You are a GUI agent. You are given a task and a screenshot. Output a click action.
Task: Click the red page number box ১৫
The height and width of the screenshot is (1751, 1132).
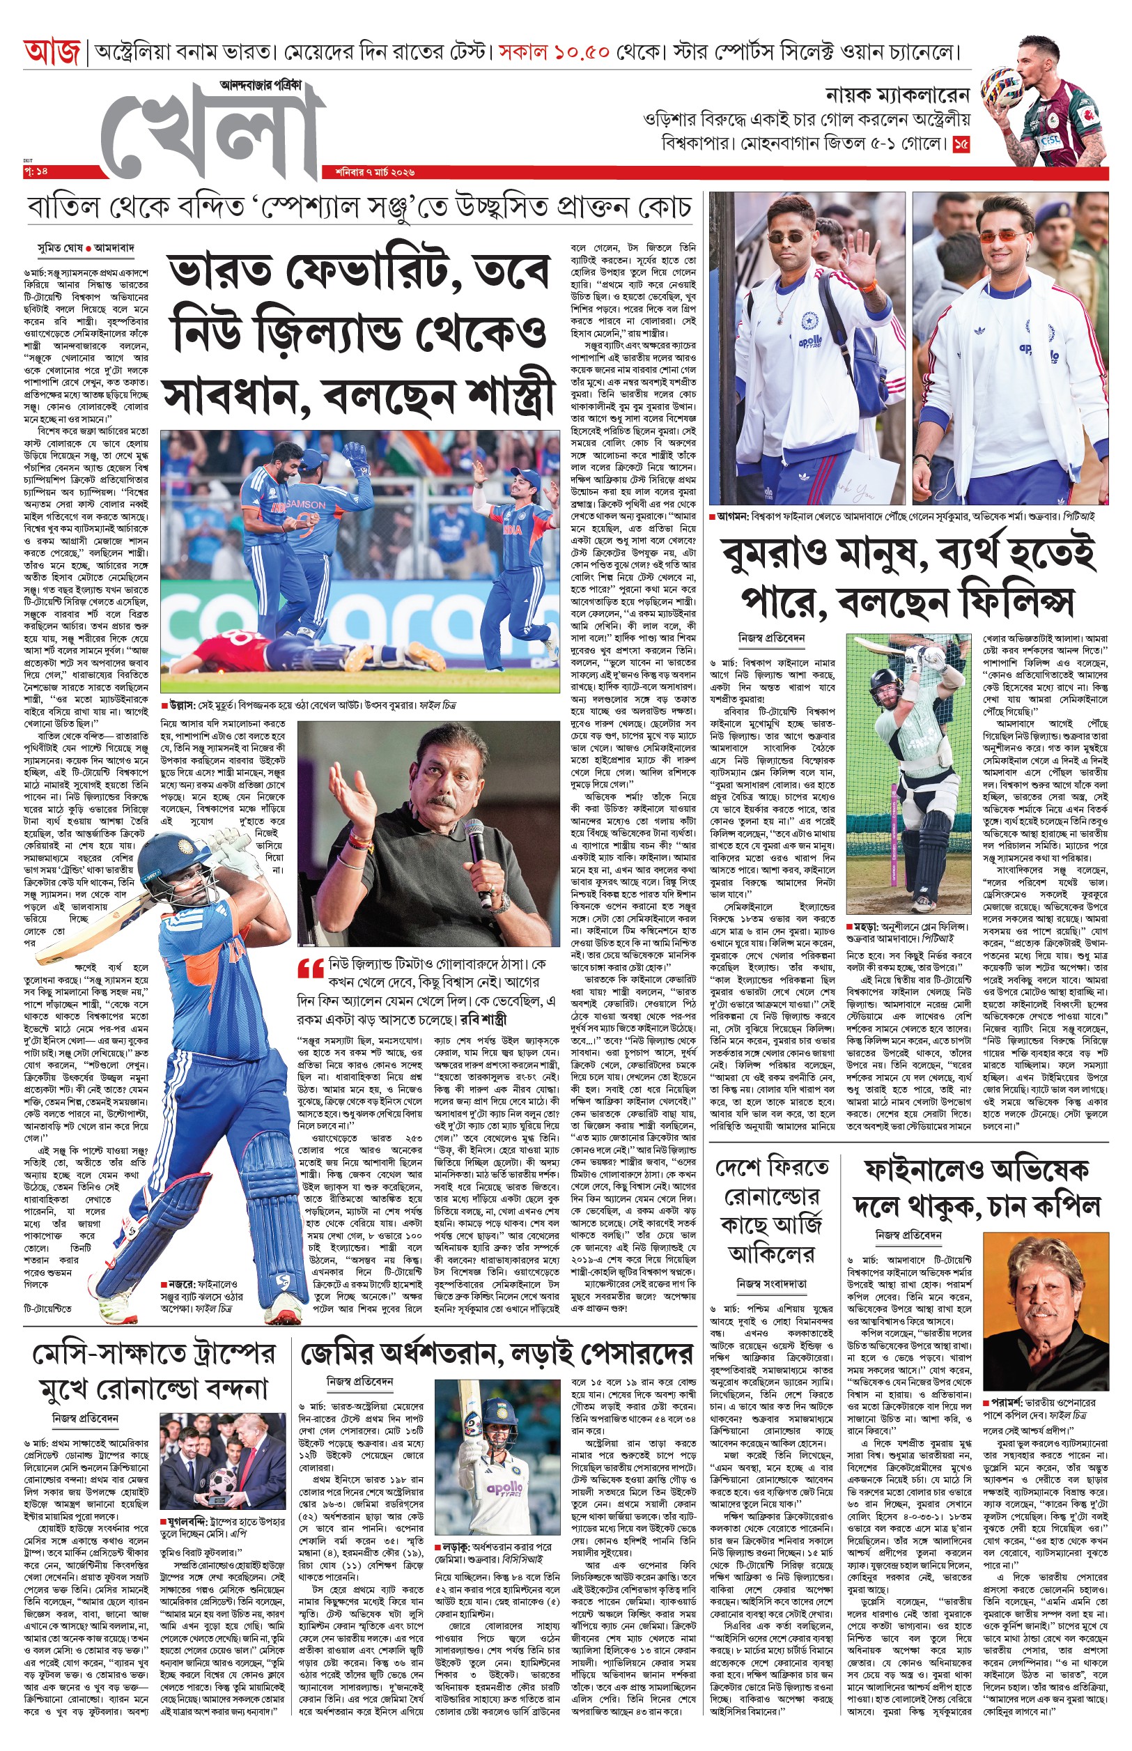tap(961, 144)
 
